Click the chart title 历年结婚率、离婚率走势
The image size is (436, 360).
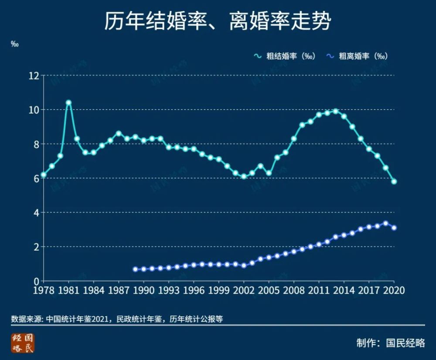coord(218,21)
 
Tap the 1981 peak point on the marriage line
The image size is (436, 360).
coord(68,103)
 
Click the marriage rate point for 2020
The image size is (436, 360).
coord(394,182)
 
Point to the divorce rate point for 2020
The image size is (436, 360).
coord(394,228)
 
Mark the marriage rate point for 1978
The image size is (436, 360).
coord(44,175)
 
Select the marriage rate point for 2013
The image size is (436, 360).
coord(336,111)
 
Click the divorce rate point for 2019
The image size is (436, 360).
coord(386,223)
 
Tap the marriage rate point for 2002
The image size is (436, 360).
coord(244,177)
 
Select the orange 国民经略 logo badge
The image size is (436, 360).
coord(22,343)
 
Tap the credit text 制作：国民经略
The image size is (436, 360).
coord(390,343)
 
